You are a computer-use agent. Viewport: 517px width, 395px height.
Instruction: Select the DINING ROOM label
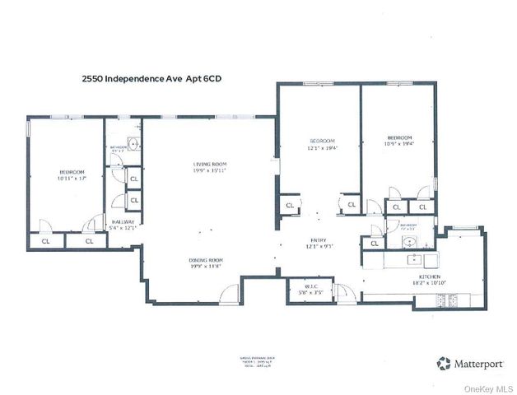tap(205, 260)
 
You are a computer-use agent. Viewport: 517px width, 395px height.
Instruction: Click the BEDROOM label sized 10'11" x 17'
tap(72, 172)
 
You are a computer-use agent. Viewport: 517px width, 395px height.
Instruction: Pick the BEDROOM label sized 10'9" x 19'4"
tap(399, 137)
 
